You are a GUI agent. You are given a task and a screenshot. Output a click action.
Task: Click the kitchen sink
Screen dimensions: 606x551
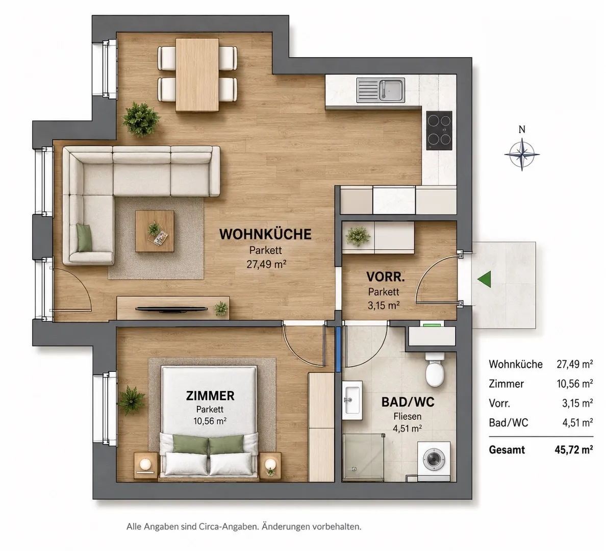tap(381, 90)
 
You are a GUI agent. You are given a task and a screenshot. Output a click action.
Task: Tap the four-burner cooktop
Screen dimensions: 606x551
tap(439, 130)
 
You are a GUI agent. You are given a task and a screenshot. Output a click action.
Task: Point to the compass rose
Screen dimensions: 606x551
tap(522, 155)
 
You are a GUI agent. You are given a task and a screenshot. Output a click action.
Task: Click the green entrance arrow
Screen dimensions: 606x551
tap(485, 279)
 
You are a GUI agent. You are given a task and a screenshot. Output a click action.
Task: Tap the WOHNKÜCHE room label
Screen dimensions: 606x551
tap(265, 234)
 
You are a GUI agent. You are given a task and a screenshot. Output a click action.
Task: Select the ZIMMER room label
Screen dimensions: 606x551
tap(210, 395)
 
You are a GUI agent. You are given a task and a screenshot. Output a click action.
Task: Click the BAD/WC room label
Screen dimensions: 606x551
tap(408, 402)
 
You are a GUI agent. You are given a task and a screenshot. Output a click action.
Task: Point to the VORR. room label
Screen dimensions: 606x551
tap(385, 277)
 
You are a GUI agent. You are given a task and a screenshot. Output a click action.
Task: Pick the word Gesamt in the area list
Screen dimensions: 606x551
tap(507, 450)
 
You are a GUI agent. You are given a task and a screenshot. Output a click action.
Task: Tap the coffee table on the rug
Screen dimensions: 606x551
tap(155, 231)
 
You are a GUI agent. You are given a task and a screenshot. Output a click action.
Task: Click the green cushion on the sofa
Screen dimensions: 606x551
tap(85, 238)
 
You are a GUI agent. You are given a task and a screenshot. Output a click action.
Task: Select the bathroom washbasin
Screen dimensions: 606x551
tap(352, 400)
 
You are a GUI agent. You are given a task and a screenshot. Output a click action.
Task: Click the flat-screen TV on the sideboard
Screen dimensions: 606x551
tap(171, 309)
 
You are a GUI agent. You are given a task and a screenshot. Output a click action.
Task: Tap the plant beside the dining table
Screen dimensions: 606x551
tap(141, 119)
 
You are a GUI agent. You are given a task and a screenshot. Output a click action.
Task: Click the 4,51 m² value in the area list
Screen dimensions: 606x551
tap(577, 422)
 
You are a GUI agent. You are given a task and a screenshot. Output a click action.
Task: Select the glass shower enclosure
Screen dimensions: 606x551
tap(363, 458)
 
